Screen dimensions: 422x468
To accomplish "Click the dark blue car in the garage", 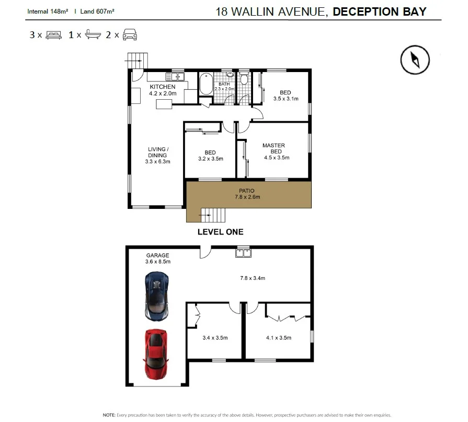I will coord(156,296).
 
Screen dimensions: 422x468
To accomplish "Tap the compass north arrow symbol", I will coord(415,60).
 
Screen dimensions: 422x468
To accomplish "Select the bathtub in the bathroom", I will coord(206,84).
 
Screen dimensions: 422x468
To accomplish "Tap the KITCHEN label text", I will coord(163,87).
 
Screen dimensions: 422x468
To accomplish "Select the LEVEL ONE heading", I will coord(220,232).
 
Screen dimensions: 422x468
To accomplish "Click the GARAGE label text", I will coord(157,255).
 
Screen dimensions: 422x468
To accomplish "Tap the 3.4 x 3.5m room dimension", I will coord(215,338).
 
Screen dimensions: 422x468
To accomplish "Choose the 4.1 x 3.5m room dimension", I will coord(278,338).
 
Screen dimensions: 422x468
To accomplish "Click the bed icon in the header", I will coord(54,36).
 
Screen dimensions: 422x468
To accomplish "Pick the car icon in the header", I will coord(129,36).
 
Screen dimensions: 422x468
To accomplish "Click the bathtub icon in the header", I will coord(92,36).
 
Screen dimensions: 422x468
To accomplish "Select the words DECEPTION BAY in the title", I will coord(379,12).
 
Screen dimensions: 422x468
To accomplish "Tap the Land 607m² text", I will coord(97,10).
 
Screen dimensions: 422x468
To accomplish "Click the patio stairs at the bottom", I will coord(212,214).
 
